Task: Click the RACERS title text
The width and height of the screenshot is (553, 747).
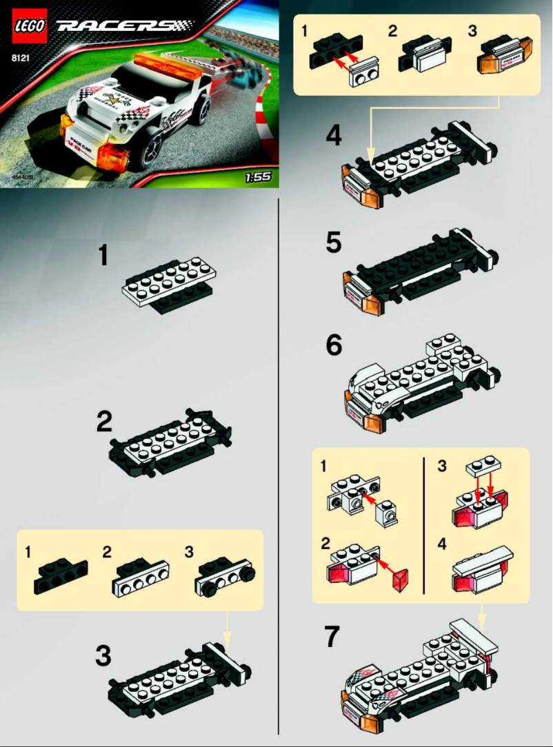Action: [x=123, y=26]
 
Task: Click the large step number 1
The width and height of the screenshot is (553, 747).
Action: [x=103, y=256]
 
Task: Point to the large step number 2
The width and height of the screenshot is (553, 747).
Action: [x=103, y=422]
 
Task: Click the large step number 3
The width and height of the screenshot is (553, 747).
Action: [x=103, y=656]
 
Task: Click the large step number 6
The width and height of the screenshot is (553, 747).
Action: [x=334, y=345]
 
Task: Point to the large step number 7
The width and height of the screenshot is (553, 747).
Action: [x=332, y=637]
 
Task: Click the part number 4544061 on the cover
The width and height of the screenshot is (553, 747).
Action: [x=22, y=178]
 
